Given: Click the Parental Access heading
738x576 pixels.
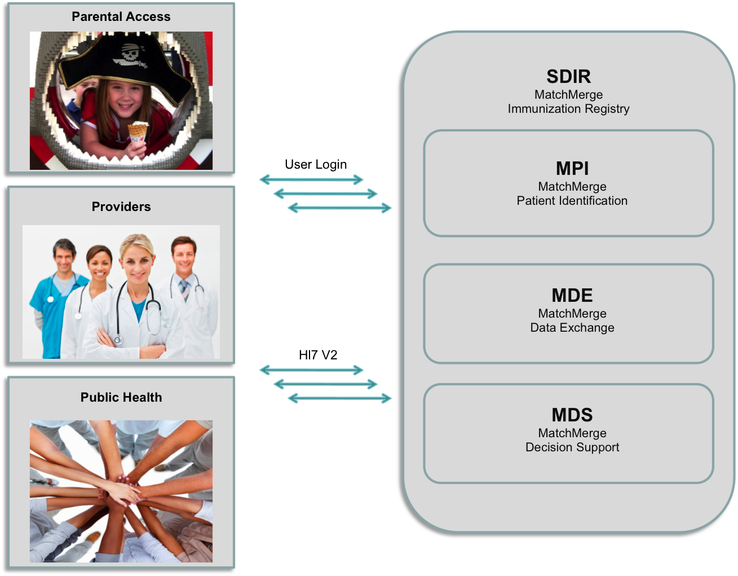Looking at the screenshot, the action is [x=121, y=17].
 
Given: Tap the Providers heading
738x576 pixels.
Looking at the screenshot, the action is [x=121, y=206].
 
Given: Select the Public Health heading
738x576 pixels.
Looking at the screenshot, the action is [x=121, y=397].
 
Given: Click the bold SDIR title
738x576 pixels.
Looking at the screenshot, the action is [x=568, y=77].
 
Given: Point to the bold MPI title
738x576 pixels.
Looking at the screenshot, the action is [x=572, y=169].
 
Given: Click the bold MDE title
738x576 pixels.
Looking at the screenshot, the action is [x=572, y=295].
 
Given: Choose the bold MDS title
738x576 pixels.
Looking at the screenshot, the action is [x=572, y=415].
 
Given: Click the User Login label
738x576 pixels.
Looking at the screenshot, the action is [x=316, y=165].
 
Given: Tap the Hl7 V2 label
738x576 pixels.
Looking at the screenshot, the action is [x=318, y=355].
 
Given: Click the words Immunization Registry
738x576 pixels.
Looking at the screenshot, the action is [x=568, y=109].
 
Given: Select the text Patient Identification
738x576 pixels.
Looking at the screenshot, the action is [x=572, y=201].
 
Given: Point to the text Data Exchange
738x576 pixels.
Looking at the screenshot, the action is [x=572, y=328].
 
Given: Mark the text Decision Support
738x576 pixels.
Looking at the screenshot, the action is [x=572, y=447].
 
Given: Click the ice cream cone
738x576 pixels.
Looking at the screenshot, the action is [x=138, y=133].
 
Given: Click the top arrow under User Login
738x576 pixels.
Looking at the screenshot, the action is [x=311, y=179].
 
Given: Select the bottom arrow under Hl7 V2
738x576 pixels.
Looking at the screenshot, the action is [x=339, y=398].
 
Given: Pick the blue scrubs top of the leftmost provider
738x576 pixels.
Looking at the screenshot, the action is [x=54, y=313].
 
